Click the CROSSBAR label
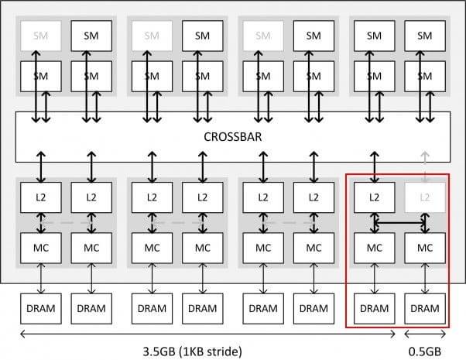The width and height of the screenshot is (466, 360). (x=233, y=136)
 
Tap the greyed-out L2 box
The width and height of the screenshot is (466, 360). (x=424, y=196)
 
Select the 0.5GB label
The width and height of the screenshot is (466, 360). (x=425, y=351)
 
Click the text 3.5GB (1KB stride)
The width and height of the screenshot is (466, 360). (x=199, y=351)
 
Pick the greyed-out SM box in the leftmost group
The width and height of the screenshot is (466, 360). (x=36, y=35)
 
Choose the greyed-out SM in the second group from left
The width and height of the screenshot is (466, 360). (x=147, y=35)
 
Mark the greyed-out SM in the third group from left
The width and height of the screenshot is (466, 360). (x=258, y=35)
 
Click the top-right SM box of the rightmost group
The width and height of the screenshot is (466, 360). (x=424, y=35)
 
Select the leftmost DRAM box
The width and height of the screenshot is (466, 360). (x=36, y=308)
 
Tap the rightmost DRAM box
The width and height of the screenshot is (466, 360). (x=424, y=308)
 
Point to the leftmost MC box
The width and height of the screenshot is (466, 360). (x=36, y=248)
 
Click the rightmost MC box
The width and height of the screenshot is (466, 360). (x=424, y=248)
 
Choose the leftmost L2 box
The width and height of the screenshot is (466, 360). (x=36, y=196)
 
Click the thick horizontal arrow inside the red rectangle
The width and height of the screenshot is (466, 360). (x=399, y=222)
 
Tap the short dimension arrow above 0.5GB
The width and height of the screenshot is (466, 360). (x=425, y=334)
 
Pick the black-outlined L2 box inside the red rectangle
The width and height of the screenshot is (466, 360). (x=374, y=196)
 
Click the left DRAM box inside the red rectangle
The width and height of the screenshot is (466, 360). (x=374, y=308)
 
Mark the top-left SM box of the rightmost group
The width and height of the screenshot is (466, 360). (x=374, y=35)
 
